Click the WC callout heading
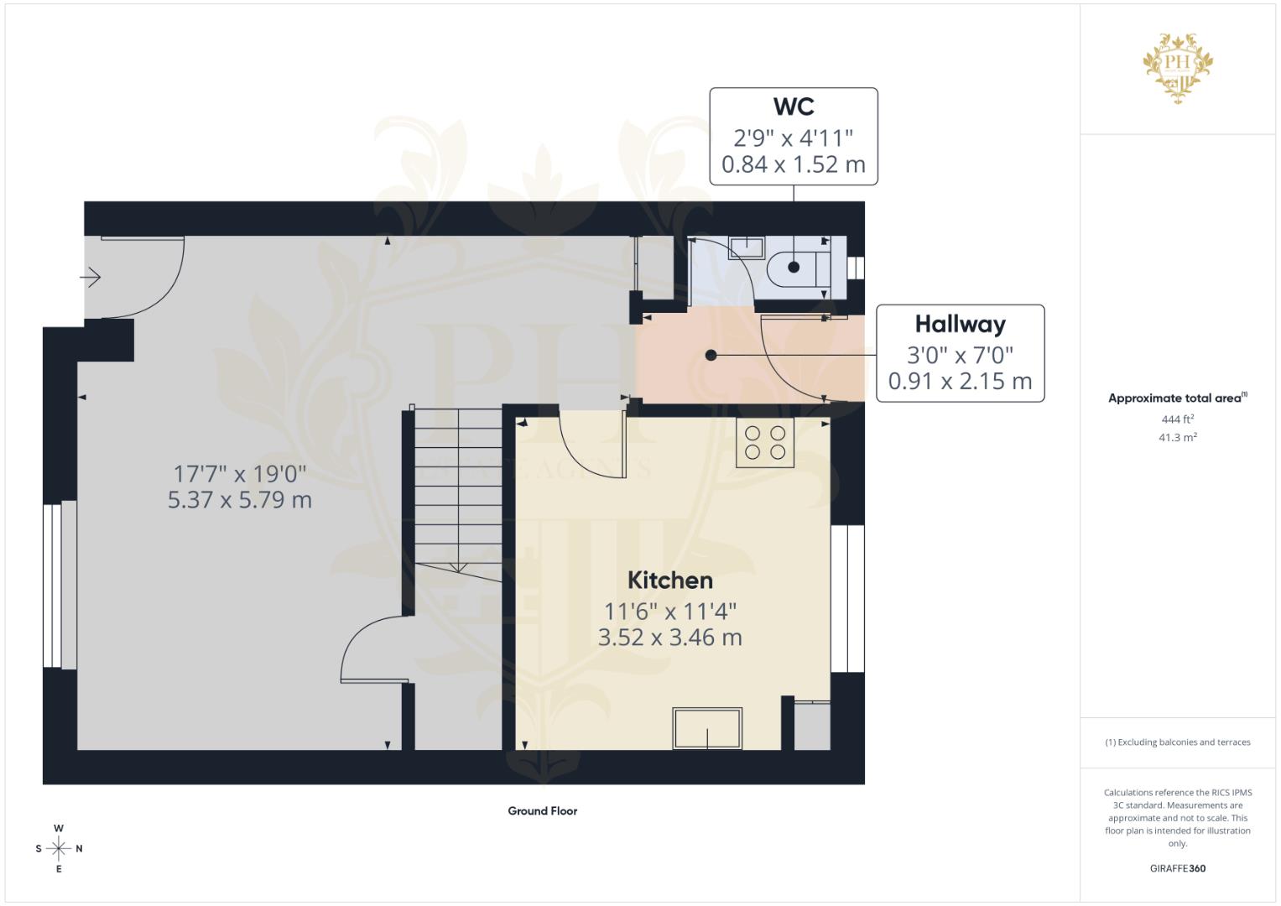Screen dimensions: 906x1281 pos(793,107)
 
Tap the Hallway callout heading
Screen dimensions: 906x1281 pos(960,324)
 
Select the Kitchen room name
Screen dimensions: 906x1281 pos(669,580)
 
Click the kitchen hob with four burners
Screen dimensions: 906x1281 pos(765,442)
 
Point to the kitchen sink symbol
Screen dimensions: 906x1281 pos(707,728)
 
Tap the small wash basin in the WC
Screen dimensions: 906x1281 pos(746,247)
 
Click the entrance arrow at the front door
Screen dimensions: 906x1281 pos(91,276)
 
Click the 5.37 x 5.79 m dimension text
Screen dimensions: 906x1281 pos(239,501)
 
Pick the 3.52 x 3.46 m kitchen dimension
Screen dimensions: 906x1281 pos(669,638)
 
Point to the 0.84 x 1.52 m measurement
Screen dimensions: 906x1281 pos(793,164)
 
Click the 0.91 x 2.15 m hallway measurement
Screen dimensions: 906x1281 pos(960,381)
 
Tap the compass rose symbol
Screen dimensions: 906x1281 pos(59,849)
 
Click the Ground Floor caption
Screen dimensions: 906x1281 pos(542,811)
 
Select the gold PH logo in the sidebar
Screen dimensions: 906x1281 pos(1178,67)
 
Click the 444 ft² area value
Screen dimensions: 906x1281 pos(1177,419)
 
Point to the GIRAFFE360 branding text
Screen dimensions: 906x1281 pos(1177,868)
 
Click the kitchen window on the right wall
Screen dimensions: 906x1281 pos(847,598)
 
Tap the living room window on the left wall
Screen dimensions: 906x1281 pos(60,585)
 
